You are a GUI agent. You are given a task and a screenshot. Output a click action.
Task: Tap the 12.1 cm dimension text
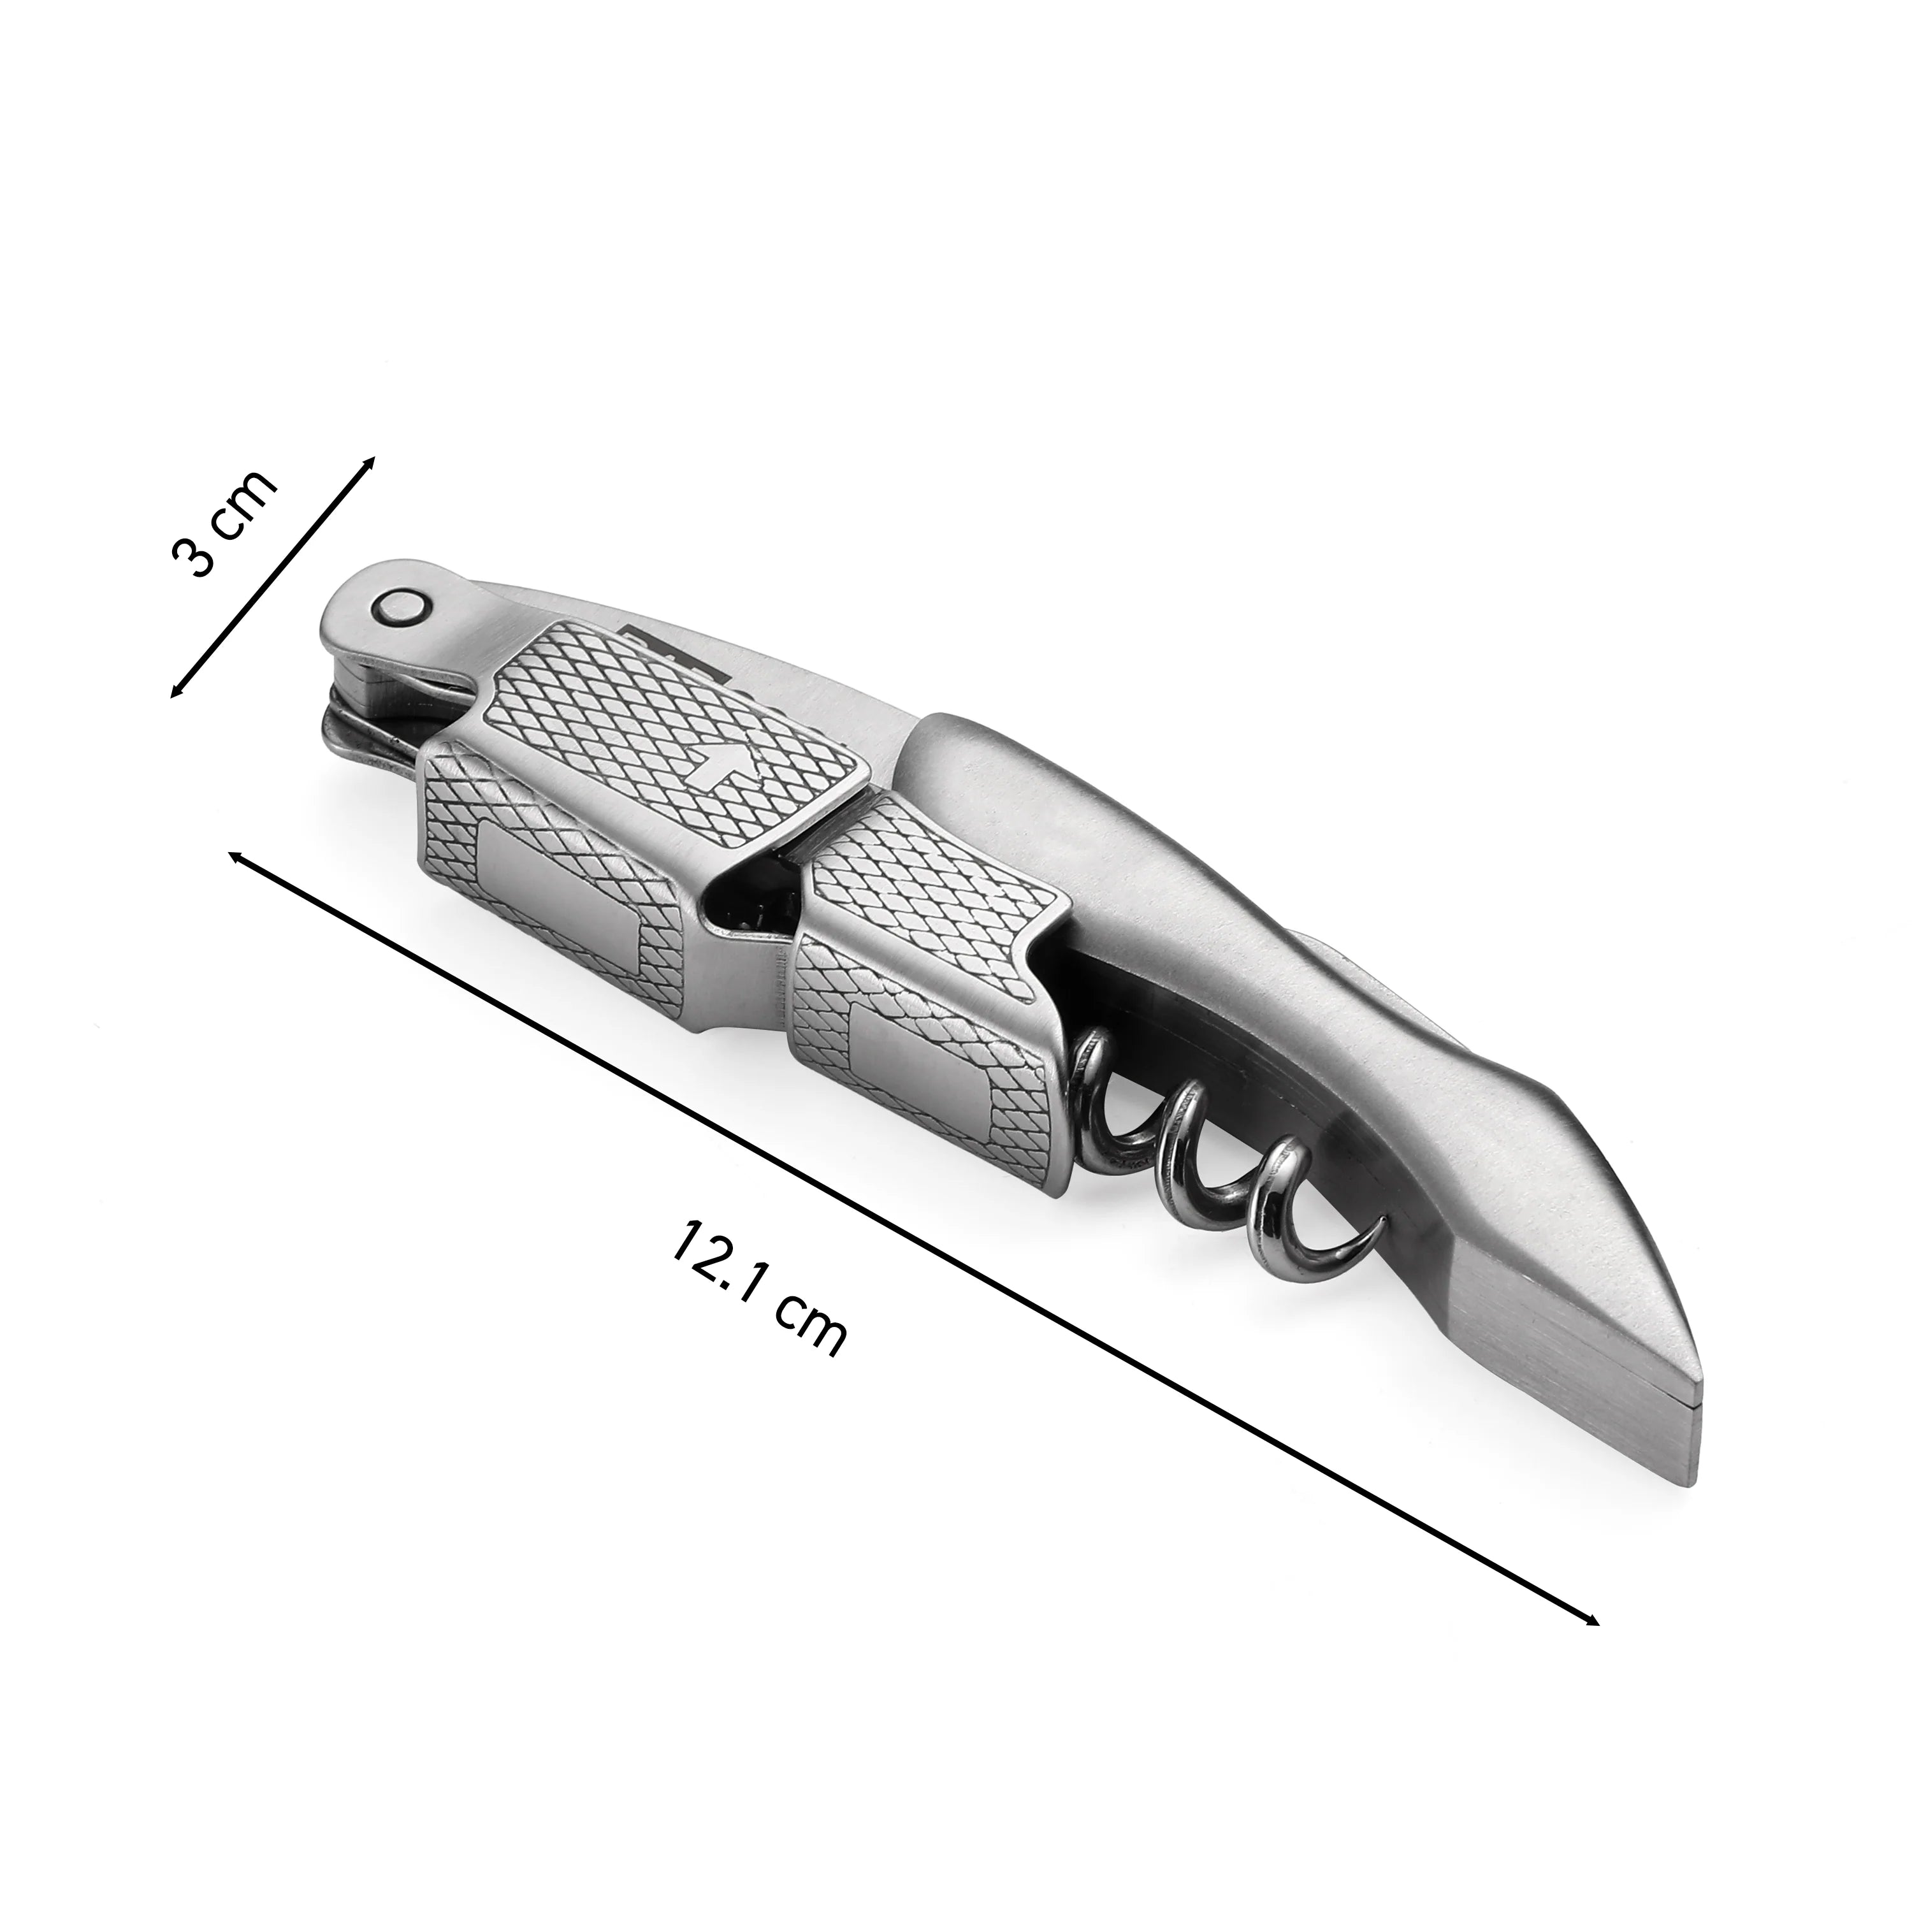pos(758,1289)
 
